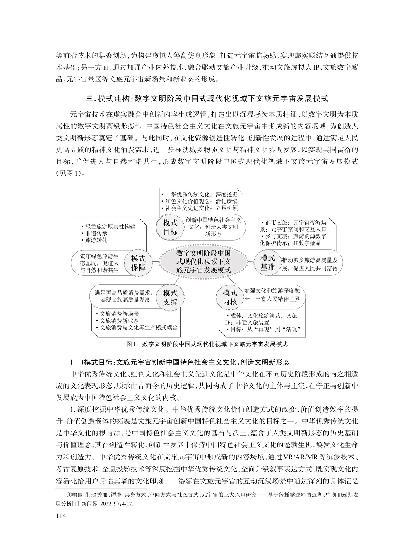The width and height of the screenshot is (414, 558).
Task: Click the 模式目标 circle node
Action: (170, 227)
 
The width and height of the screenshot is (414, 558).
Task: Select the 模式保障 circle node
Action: (139, 263)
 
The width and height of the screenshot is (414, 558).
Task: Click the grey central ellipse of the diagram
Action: (203, 262)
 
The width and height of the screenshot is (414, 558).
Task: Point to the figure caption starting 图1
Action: (207, 344)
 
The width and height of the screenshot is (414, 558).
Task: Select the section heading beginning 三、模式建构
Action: (207, 99)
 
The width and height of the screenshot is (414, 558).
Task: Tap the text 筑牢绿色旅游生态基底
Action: (99, 260)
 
